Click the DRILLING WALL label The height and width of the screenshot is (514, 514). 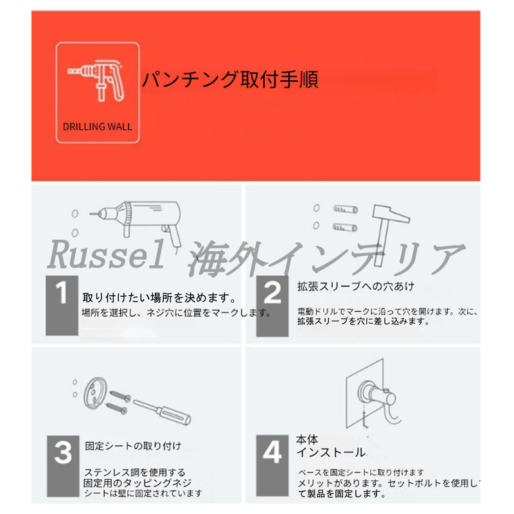(x=98, y=127)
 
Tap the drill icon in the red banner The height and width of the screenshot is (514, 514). (x=96, y=80)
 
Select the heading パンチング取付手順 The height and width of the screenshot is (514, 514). (x=230, y=80)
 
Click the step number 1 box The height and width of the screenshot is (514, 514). (x=62, y=306)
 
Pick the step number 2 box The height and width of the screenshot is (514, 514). (x=272, y=306)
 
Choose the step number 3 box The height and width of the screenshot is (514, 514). (x=63, y=466)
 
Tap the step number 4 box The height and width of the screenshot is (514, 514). (x=272, y=465)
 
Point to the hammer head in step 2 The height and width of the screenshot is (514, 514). (x=391, y=214)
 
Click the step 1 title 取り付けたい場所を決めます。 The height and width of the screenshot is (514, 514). (x=159, y=298)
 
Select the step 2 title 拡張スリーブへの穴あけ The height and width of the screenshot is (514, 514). (x=356, y=286)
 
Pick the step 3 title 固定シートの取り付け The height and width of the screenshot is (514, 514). (x=133, y=446)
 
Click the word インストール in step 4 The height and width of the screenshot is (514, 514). (x=331, y=452)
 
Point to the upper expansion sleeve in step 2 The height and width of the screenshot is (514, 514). (x=346, y=209)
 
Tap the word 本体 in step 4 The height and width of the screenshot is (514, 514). (x=307, y=439)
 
